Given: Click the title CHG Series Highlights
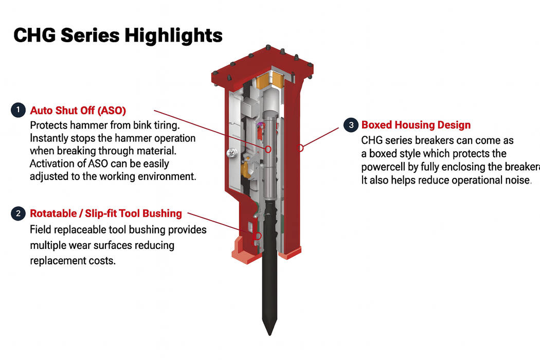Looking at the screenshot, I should pos(118,35).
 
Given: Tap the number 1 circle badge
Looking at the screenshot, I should pos(18,110).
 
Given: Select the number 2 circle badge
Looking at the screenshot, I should pos(18,213).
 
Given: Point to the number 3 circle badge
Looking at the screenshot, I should pos(351,124).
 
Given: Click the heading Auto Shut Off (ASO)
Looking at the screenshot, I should pos(78,110).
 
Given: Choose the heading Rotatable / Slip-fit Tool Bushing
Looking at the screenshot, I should pos(106,213).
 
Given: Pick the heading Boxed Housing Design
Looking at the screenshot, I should pos(416,124).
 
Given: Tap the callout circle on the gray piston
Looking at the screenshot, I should pos(268,149).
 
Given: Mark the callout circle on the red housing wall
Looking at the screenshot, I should pos(301,148).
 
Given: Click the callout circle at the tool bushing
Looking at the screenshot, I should pos(258,236).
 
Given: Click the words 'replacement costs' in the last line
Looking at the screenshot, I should pos(73,260).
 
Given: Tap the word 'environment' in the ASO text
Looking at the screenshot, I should pos(166,176).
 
